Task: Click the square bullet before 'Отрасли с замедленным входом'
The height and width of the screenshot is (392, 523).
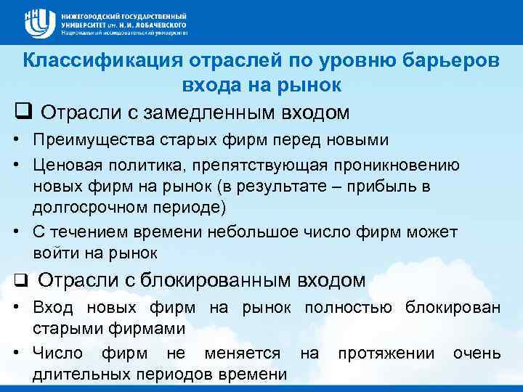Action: point(23,113)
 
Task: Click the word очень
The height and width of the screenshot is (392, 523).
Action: point(477,353)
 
